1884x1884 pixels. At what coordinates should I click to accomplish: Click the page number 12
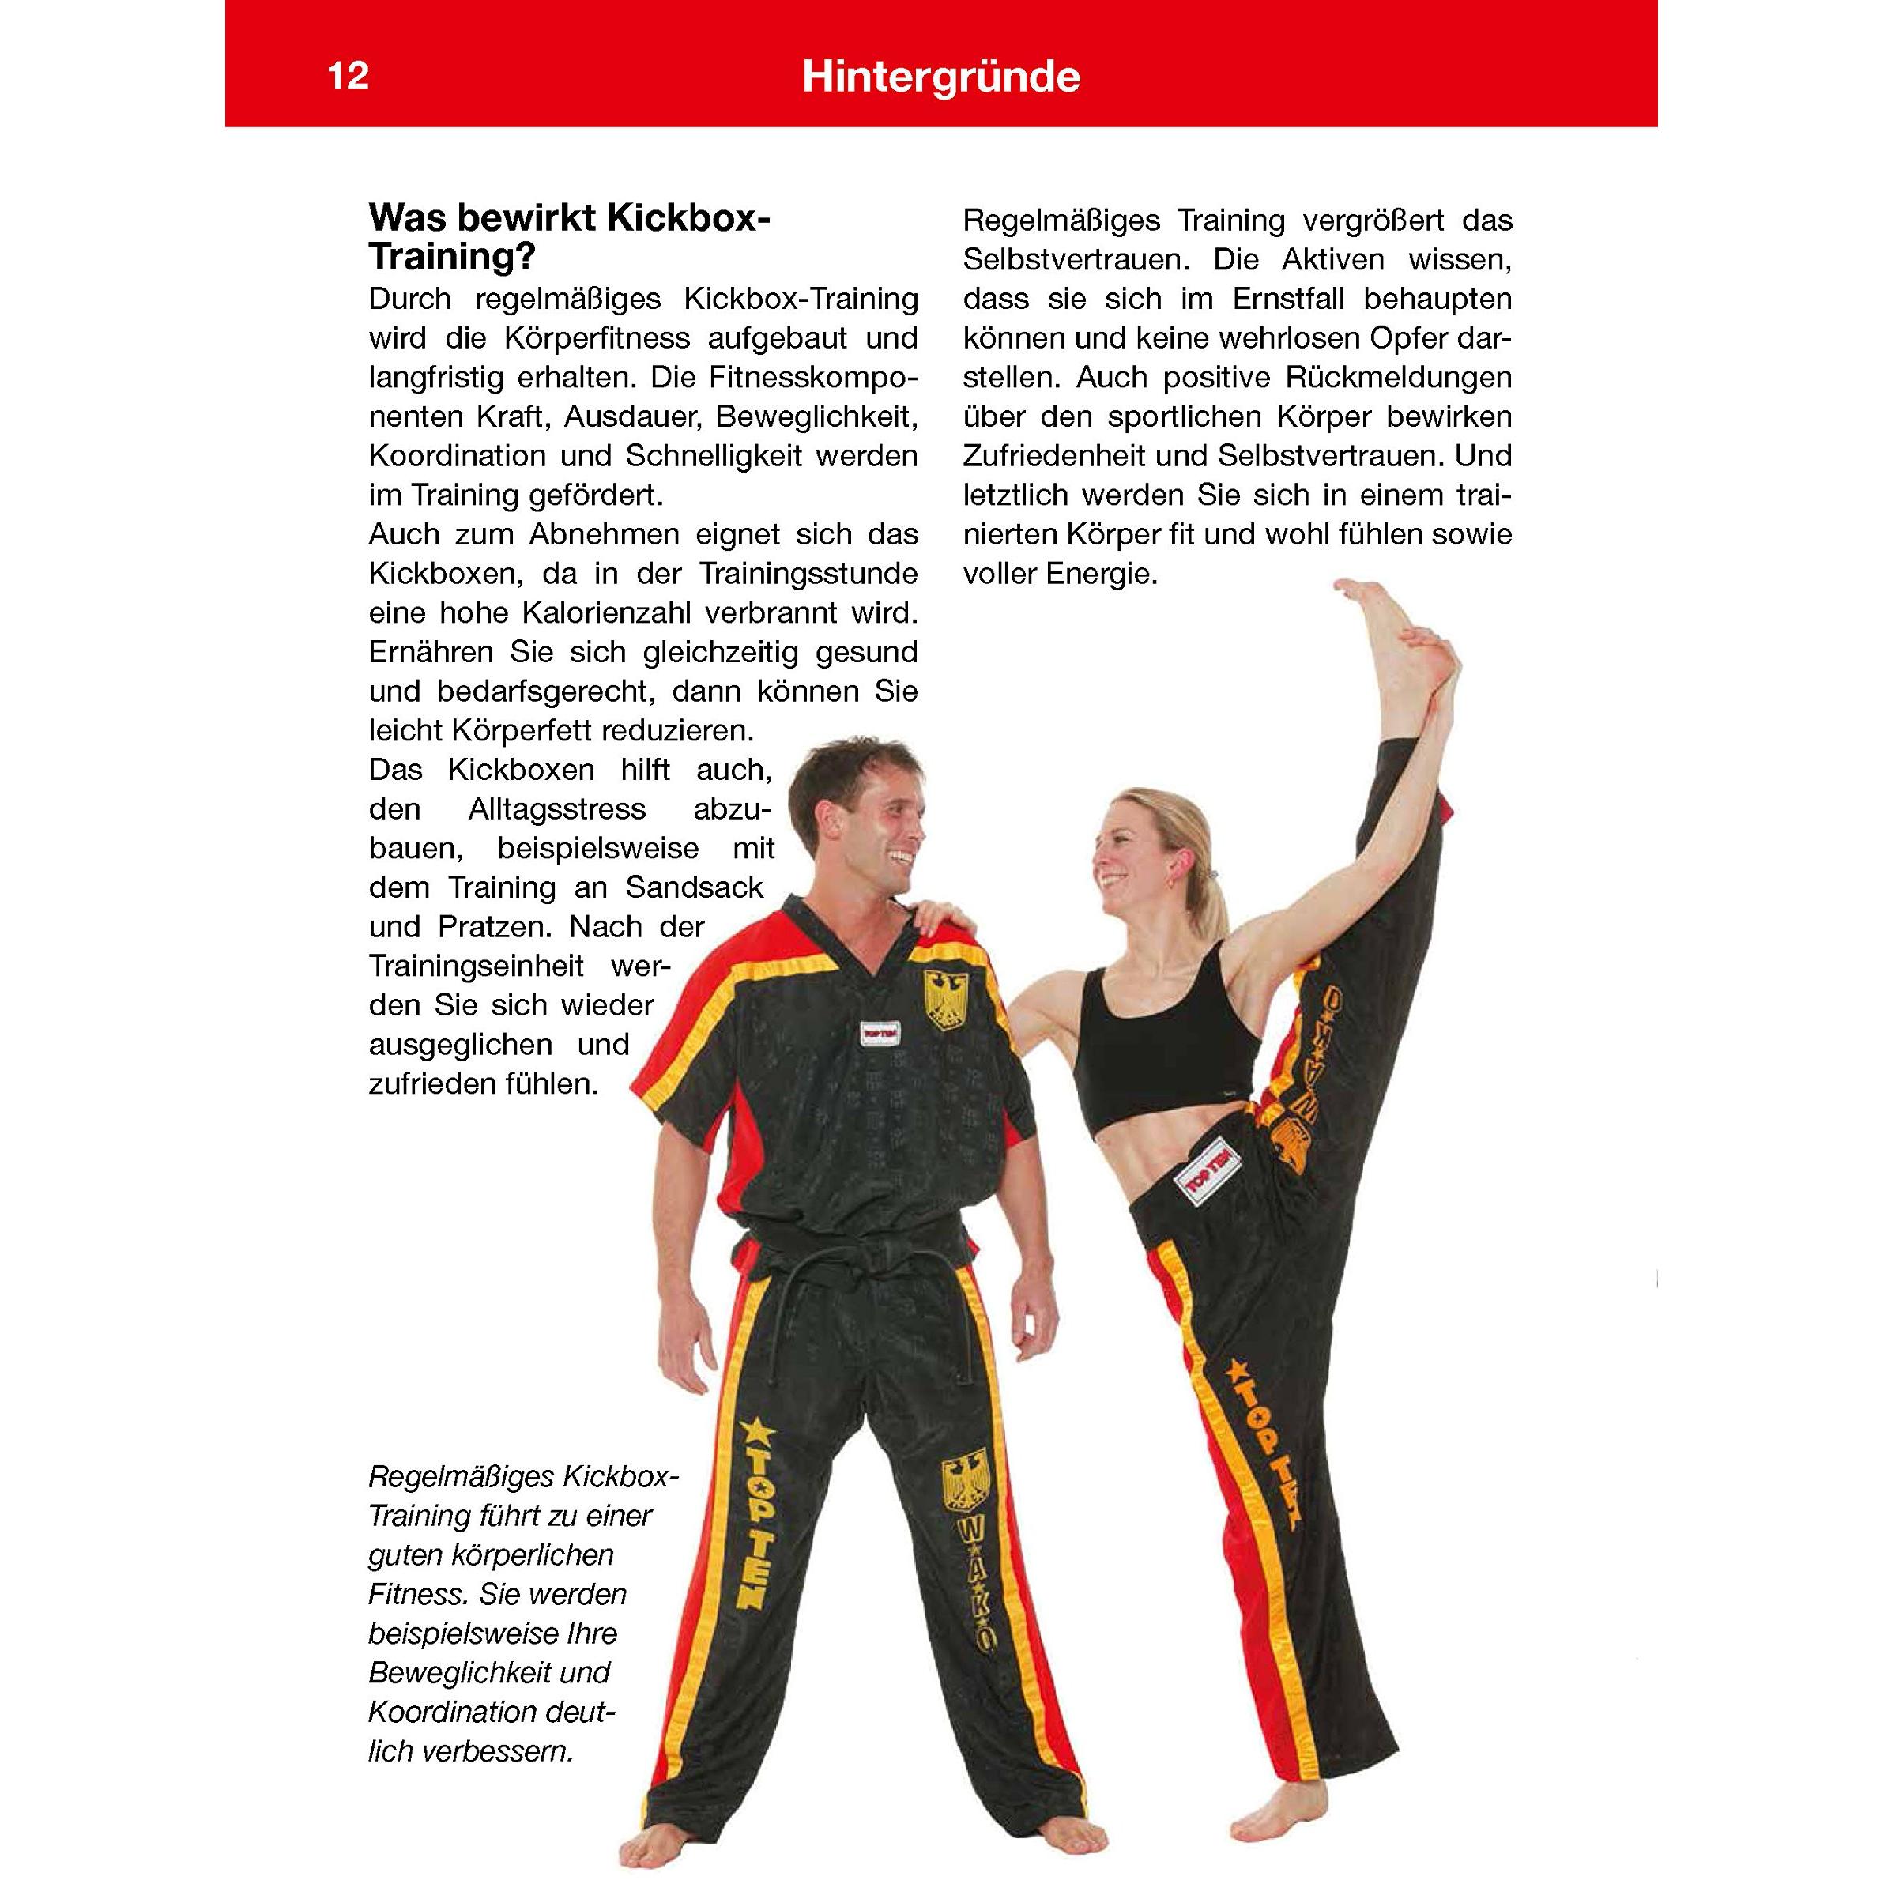(x=349, y=76)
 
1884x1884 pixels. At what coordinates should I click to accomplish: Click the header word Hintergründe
(x=940, y=77)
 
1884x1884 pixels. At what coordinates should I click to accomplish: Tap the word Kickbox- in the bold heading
(x=688, y=218)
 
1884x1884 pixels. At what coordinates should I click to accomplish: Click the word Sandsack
(x=695, y=887)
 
